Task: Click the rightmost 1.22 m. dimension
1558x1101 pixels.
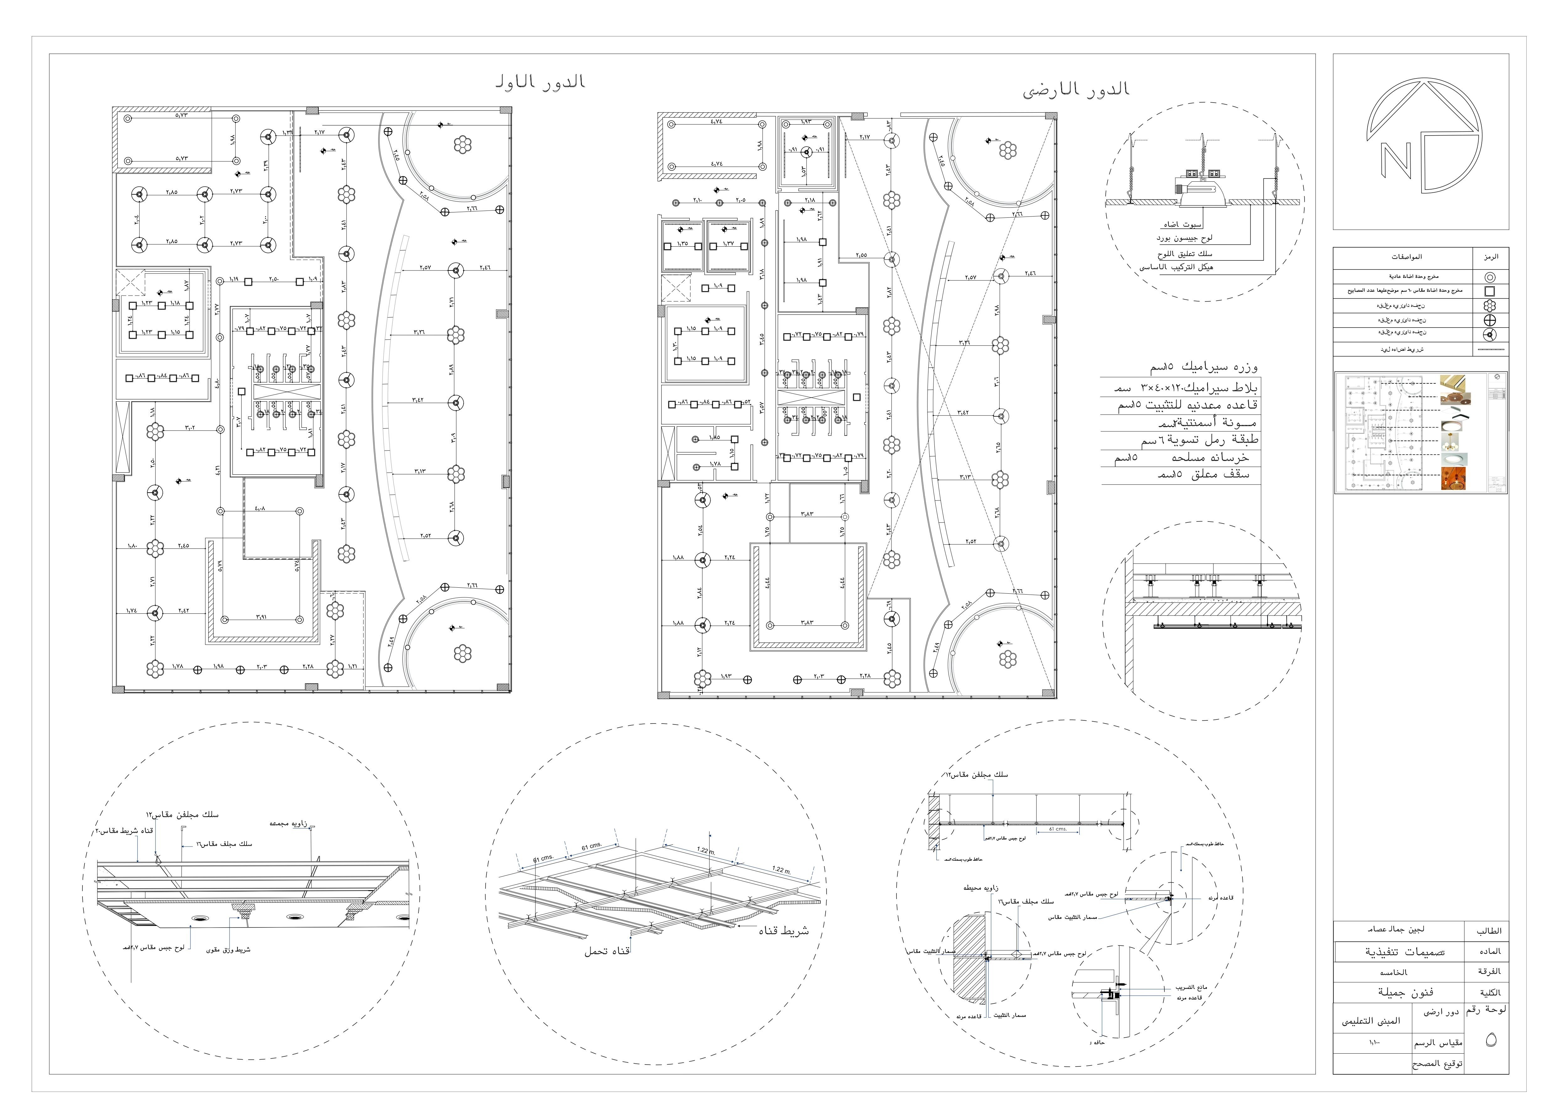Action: coord(782,869)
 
